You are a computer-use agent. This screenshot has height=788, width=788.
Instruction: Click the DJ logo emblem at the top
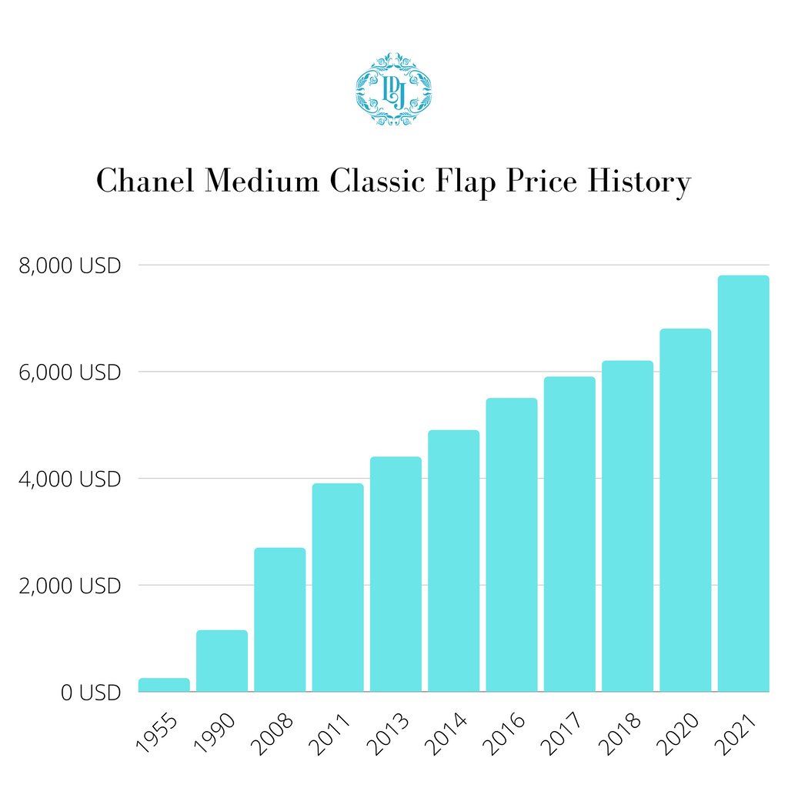[x=393, y=88]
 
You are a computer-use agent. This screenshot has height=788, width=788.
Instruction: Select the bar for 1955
[x=164, y=684]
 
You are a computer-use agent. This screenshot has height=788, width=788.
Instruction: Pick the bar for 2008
[x=280, y=619]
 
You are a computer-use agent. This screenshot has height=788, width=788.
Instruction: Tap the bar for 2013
[x=396, y=574]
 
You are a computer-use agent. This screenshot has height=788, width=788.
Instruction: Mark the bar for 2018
[x=627, y=526]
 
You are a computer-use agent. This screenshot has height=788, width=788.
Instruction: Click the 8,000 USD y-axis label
[x=69, y=266]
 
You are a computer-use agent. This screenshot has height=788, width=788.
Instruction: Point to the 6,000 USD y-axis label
[x=69, y=372]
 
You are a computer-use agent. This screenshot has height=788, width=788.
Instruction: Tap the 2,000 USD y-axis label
[x=69, y=586]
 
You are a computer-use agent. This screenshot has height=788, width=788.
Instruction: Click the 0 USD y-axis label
[x=91, y=693]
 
